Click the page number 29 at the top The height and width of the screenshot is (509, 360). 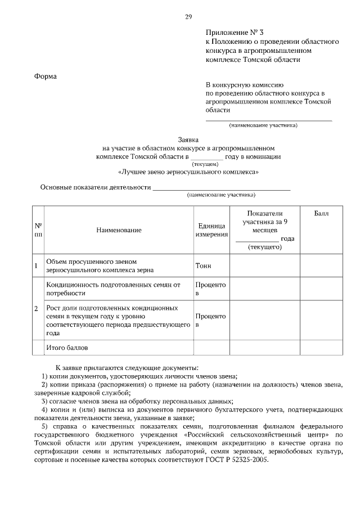pos(188,17)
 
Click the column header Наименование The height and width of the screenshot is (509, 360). pos(119,229)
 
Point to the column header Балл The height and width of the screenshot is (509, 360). pos(321,213)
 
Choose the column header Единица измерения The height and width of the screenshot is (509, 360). pos(211,229)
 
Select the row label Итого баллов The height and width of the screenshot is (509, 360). pos(67,348)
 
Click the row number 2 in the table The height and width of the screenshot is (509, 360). pos(37,309)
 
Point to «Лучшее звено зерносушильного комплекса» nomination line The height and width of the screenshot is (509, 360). pos(188,172)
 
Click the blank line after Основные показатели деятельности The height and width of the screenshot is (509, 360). pos(222,188)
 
